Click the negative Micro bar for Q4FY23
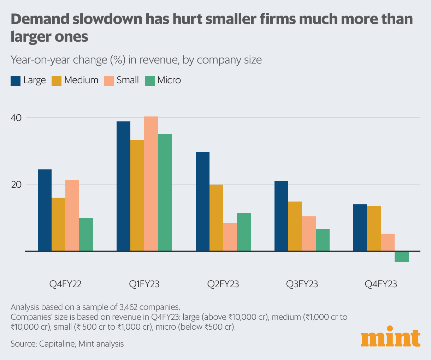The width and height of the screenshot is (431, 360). coord(401,257)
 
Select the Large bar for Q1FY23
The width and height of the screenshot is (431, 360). coord(124,186)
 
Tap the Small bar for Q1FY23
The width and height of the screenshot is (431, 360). coord(151,184)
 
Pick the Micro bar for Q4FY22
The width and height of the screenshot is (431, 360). coord(86,234)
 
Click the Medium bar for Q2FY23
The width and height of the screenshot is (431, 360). coord(216,218)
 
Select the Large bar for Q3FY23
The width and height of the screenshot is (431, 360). coord(281,216)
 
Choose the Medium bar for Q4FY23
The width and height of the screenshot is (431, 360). coord(374,228)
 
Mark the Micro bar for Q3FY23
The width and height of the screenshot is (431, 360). coord(323,240)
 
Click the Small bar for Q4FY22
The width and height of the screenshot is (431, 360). coord(72,215)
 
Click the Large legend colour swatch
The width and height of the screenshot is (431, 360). coord(16,81)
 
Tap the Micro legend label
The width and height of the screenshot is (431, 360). coord(169,80)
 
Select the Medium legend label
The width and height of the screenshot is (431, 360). coord(81,80)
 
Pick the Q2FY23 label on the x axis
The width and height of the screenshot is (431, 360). coord(223,284)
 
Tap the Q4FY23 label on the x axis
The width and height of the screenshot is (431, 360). coord(381,284)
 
